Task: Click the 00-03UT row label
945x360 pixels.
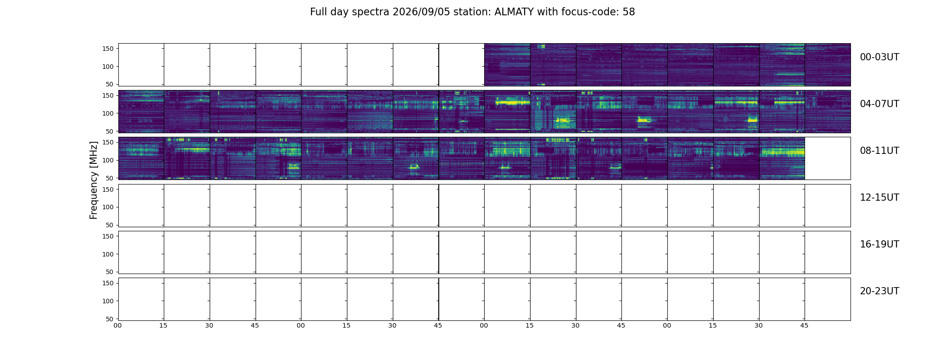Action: point(879,57)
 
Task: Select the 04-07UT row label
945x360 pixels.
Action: point(879,104)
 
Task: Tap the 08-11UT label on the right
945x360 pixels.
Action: point(879,151)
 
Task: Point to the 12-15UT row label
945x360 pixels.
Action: point(879,198)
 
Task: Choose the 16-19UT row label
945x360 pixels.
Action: point(879,244)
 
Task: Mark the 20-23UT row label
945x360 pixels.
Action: point(879,291)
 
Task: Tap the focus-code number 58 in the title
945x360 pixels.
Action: point(629,12)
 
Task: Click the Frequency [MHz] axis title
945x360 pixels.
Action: point(94,180)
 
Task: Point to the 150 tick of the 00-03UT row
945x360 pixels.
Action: point(108,49)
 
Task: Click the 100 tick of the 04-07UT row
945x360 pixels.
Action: point(108,113)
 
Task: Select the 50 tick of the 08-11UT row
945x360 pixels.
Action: point(109,178)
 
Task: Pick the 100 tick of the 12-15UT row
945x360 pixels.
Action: point(108,207)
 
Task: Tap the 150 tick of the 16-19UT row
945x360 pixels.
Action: point(108,236)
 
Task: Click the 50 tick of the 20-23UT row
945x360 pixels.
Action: point(109,319)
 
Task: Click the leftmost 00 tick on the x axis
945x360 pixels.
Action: point(118,326)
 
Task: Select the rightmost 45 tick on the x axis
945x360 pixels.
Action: point(805,326)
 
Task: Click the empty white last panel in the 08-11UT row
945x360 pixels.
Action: point(828,158)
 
